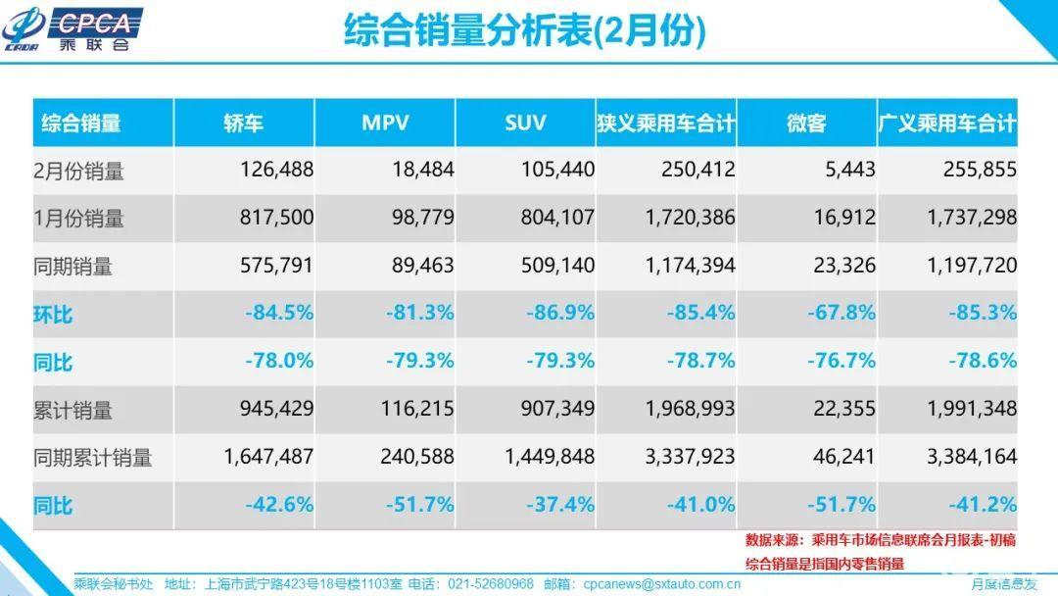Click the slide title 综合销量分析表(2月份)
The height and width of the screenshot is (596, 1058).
525,30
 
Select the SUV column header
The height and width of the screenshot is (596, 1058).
525,123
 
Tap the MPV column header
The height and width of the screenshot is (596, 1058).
385,123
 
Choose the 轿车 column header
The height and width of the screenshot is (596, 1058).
244,123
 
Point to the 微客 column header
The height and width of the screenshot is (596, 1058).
806,123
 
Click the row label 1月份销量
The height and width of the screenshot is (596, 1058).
79,218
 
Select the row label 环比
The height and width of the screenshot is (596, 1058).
53,314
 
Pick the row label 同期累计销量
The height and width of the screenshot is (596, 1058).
92,458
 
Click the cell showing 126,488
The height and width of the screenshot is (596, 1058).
276,169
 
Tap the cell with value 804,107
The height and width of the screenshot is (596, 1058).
557,217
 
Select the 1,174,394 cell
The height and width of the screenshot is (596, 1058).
690,265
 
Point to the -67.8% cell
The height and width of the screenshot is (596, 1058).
841,313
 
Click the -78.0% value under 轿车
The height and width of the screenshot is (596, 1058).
278,361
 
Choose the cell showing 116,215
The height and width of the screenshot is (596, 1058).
417,409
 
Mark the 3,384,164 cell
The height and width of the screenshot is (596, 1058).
972,456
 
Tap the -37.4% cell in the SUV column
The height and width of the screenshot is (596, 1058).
560,504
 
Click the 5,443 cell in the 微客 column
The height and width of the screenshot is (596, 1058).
850,169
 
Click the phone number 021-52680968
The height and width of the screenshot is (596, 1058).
491,584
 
